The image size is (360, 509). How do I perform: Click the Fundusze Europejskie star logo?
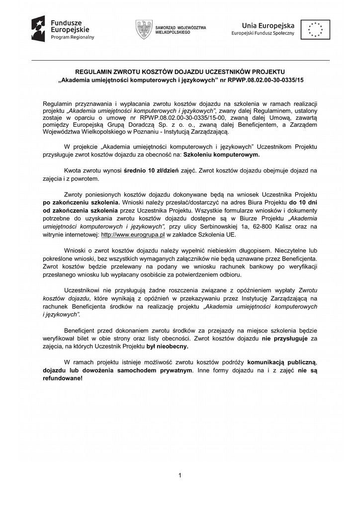pos(38,28)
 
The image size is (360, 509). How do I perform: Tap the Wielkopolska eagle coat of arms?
pos(144,29)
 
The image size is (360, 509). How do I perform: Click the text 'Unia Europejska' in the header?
pos(268,25)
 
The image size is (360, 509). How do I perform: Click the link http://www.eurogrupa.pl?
pos(133,235)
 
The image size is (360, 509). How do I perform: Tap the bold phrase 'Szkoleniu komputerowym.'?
pos(221,155)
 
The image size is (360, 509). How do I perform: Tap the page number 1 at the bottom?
pos(180,476)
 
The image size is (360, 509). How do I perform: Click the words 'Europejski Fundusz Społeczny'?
pos(263,33)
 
